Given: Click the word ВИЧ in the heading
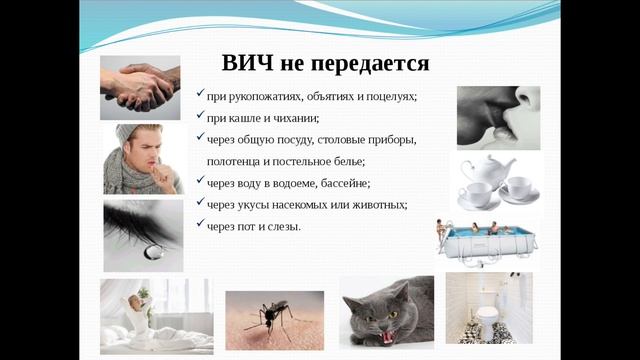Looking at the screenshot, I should coord(243,64).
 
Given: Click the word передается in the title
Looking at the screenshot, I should coord(370,64).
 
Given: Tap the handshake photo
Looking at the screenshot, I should coord(140,88).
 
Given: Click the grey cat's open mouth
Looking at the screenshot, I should coord(383,335).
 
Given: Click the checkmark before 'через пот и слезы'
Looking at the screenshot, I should coord(201,224).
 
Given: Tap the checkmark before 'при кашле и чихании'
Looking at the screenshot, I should coord(201,116).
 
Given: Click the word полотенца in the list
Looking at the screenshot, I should coord(238,161).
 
